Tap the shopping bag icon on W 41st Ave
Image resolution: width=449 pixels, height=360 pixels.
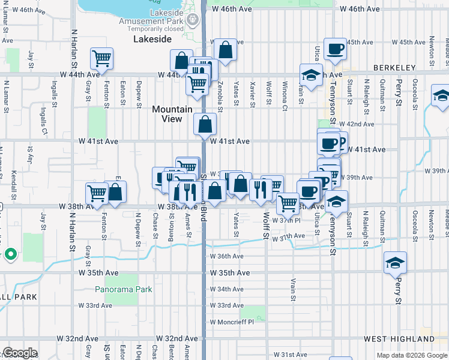pyautogui.click(x=205, y=124)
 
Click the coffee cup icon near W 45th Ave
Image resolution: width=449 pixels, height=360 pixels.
pyautogui.click(x=335, y=49)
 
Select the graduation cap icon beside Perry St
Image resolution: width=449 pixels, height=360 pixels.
pyautogui.click(x=395, y=262)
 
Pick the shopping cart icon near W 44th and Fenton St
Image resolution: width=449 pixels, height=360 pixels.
pyautogui.click(x=101, y=58)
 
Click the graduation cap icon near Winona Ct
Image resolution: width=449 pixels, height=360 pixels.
pyautogui.click(x=311, y=76)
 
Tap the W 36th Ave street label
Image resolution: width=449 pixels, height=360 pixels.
pyautogui.click(x=226, y=256)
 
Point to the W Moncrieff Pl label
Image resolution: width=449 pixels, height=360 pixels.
pyautogui.click(x=232, y=322)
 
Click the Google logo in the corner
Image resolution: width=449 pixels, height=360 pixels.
pyautogui.click(x=20, y=353)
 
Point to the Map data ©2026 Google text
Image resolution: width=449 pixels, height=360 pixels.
pyautogui.click(x=411, y=355)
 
